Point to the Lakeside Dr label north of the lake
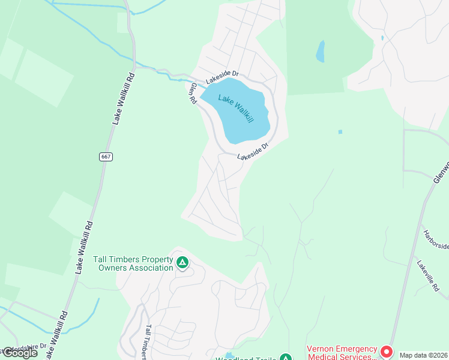(222, 77)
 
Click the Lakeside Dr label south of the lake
(252, 151)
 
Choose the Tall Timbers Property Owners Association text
(133, 263)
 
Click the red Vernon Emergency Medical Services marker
(387, 352)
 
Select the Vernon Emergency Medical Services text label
(342, 352)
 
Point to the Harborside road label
(436, 241)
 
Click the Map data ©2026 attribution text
(423, 355)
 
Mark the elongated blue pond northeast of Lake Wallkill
(321, 51)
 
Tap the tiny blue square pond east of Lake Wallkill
(340, 131)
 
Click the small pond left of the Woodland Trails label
(229, 355)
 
